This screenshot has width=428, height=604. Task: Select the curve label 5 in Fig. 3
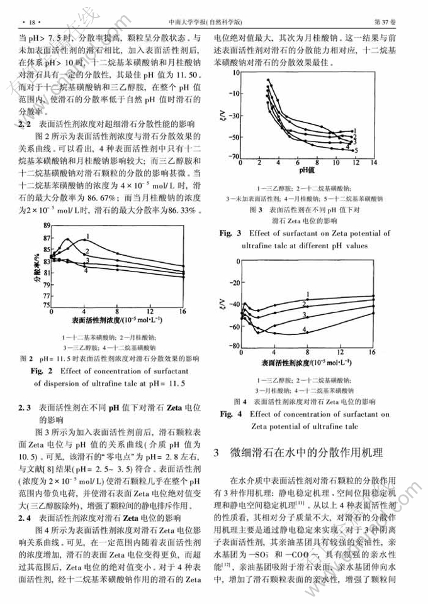(x=356, y=150)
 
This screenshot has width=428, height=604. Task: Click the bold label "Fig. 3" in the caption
(x=231, y=233)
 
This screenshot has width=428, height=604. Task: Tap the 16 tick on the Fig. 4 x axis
(x=373, y=352)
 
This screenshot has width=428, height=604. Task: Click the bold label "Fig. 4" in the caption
(x=231, y=414)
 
